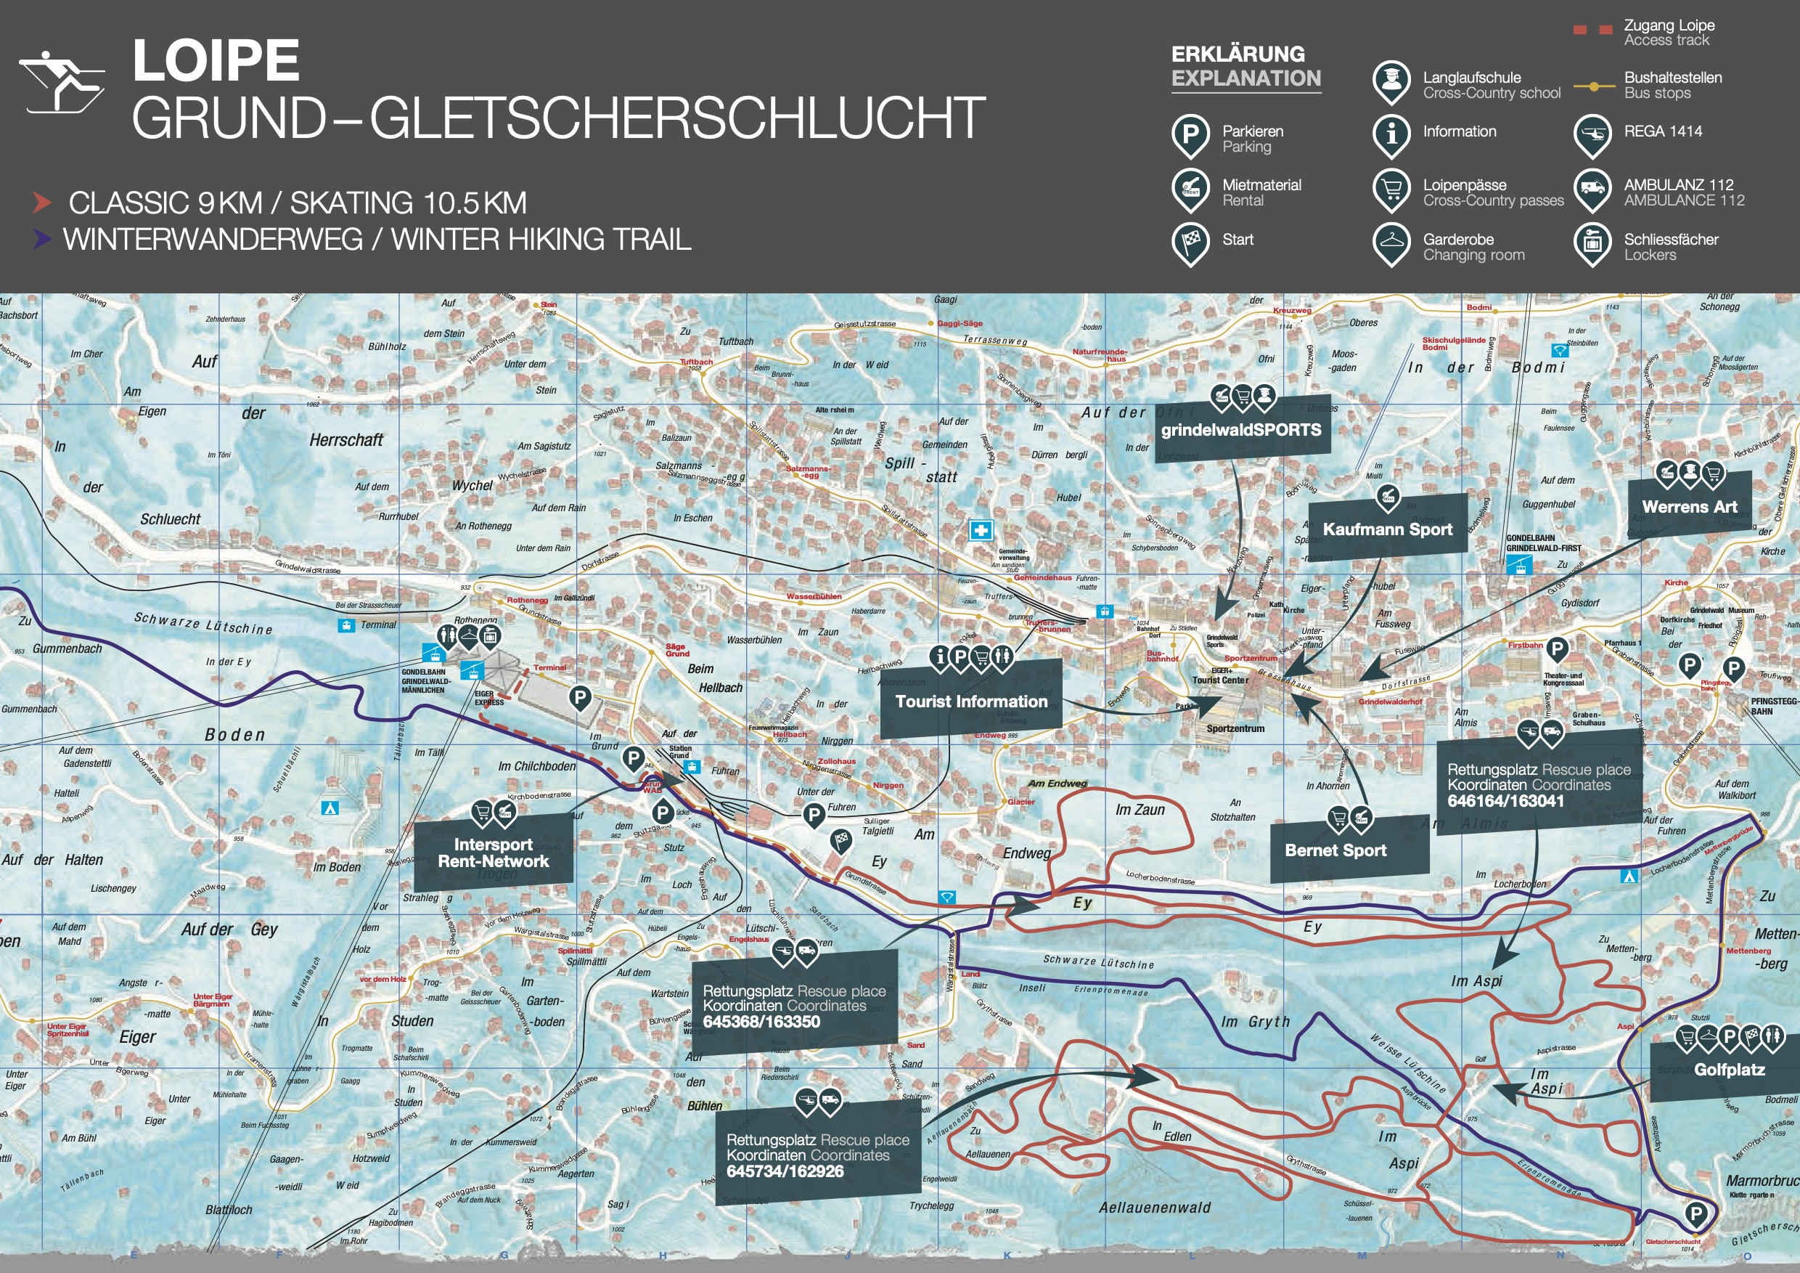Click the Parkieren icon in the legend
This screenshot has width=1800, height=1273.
tap(1190, 135)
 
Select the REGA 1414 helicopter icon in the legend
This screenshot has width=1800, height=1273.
tap(1592, 135)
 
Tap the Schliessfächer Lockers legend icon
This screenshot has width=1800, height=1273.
tap(1592, 243)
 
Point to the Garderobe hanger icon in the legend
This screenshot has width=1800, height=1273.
tap(1391, 243)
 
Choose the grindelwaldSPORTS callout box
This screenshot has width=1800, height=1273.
tap(1241, 430)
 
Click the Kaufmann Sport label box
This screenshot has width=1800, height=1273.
tap(1387, 529)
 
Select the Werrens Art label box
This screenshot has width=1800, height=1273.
tap(1690, 508)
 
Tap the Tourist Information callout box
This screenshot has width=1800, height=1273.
tap(970, 701)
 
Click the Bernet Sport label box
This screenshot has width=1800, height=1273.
tap(1335, 850)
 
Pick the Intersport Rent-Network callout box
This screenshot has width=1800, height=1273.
tap(493, 853)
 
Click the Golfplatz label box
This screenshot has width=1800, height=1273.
tap(1729, 1070)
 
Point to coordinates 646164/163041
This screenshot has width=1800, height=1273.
tap(1505, 801)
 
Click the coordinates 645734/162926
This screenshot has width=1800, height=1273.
tap(785, 1171)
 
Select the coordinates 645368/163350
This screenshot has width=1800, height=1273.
tap(761, 1021)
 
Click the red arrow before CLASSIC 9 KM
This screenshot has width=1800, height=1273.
tap(42, 203)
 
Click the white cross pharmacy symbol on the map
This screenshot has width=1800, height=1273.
tap(980, 531)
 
